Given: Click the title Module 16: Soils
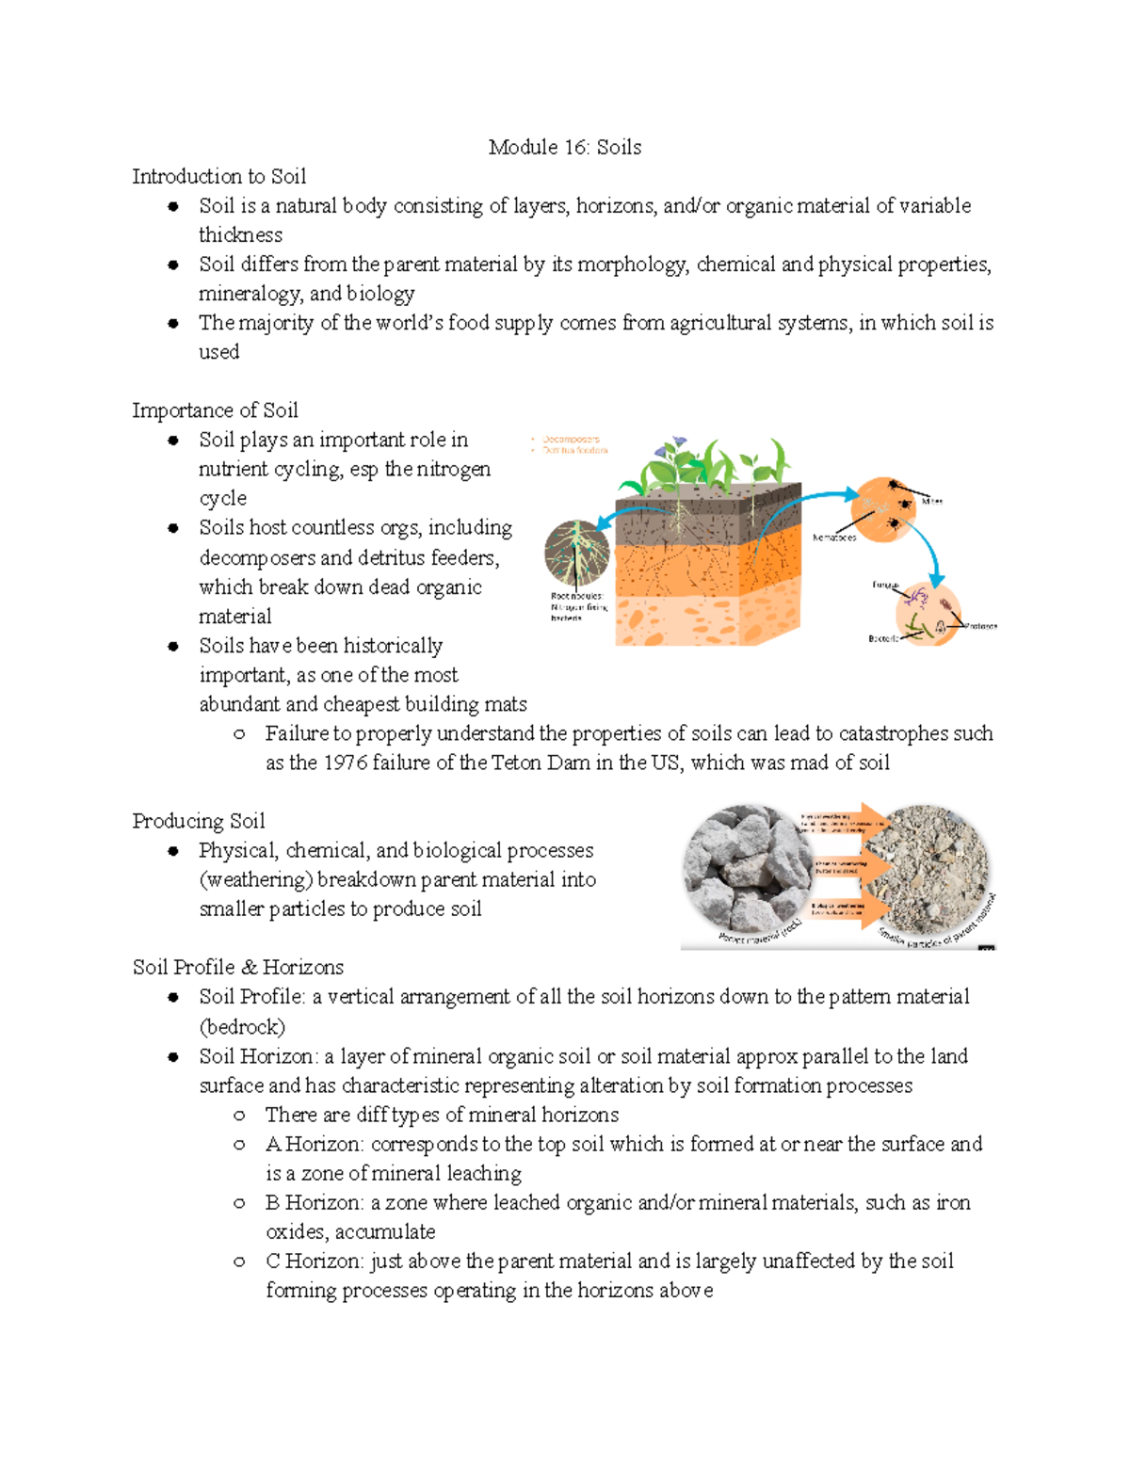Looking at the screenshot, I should point(564,147).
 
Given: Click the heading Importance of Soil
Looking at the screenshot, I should point(215,410).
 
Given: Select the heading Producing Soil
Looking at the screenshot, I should point(198,821).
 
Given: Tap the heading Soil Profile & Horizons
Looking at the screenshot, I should point(237,967).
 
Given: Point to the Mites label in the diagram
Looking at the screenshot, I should point(931,502).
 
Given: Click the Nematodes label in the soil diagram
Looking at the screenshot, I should point(834,538).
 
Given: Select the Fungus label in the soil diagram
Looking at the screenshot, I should point(885,585).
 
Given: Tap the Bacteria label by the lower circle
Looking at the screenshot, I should point(882,638).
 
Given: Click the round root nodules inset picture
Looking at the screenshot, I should point(576,554).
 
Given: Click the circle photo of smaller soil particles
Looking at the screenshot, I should point(936,870).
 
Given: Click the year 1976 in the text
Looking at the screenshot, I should point(346,763).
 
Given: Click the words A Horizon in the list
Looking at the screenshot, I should point(315,1144).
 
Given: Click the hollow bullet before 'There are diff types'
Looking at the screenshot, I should point(240,1116).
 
